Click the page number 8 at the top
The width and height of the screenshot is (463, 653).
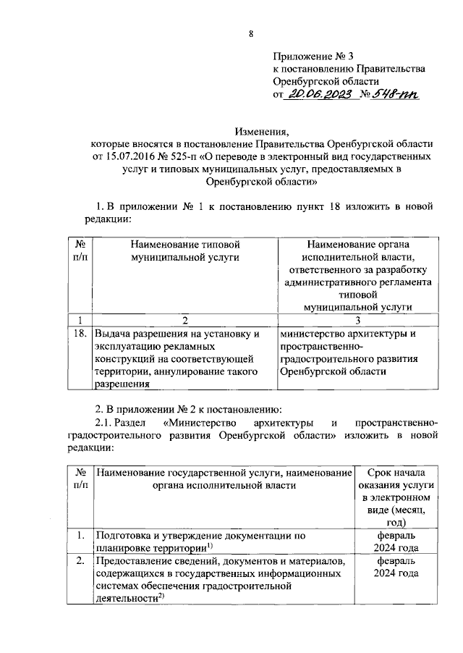coord(251,34)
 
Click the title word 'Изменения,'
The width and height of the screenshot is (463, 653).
coord(262,131)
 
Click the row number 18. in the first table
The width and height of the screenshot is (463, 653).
coord(81,334)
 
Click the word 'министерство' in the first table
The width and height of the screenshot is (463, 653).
coord(314,334)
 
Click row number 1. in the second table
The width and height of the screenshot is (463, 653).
coord(81,536)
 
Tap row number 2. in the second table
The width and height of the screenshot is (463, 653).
coord(81,561)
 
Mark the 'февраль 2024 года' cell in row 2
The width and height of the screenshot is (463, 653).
coord(395,567)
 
